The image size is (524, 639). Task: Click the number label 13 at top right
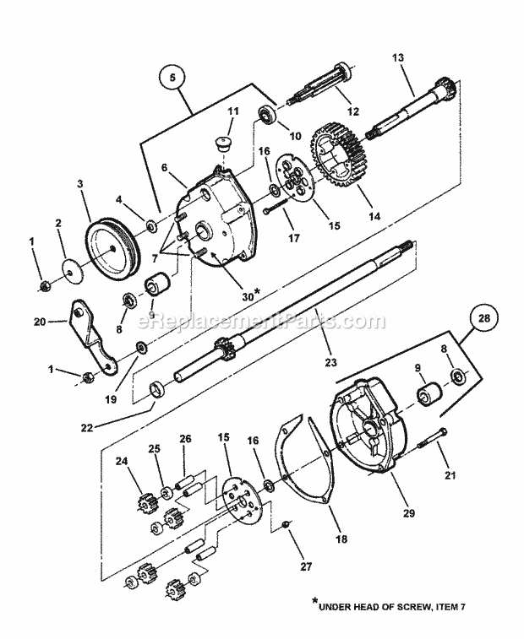[398, 58]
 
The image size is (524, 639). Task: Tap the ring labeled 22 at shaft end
[156, 388]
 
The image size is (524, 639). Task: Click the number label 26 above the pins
[185, 438]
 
